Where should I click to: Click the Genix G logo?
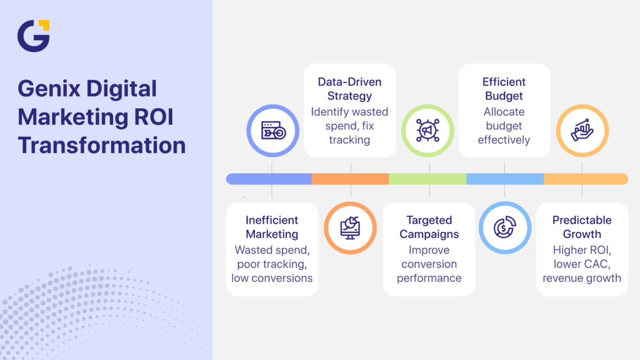click(33, 36)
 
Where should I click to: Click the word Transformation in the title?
click(102, 145)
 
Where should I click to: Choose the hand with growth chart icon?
click(582, 130)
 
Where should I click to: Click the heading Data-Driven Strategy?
click(349, 89)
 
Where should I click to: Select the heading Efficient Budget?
click(504, 89)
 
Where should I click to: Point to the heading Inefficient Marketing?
click(272, 227)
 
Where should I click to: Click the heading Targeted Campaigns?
click(429, 227)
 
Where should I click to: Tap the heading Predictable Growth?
click(582, 227)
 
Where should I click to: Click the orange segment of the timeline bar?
click(350, 179)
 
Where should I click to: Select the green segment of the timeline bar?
click(427, 179)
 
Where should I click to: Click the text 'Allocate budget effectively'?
click(504, 126)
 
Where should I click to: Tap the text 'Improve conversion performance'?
click(429, 264)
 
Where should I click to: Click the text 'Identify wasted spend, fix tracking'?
click(349, 126)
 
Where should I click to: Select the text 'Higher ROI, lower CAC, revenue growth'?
click(582, 264)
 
